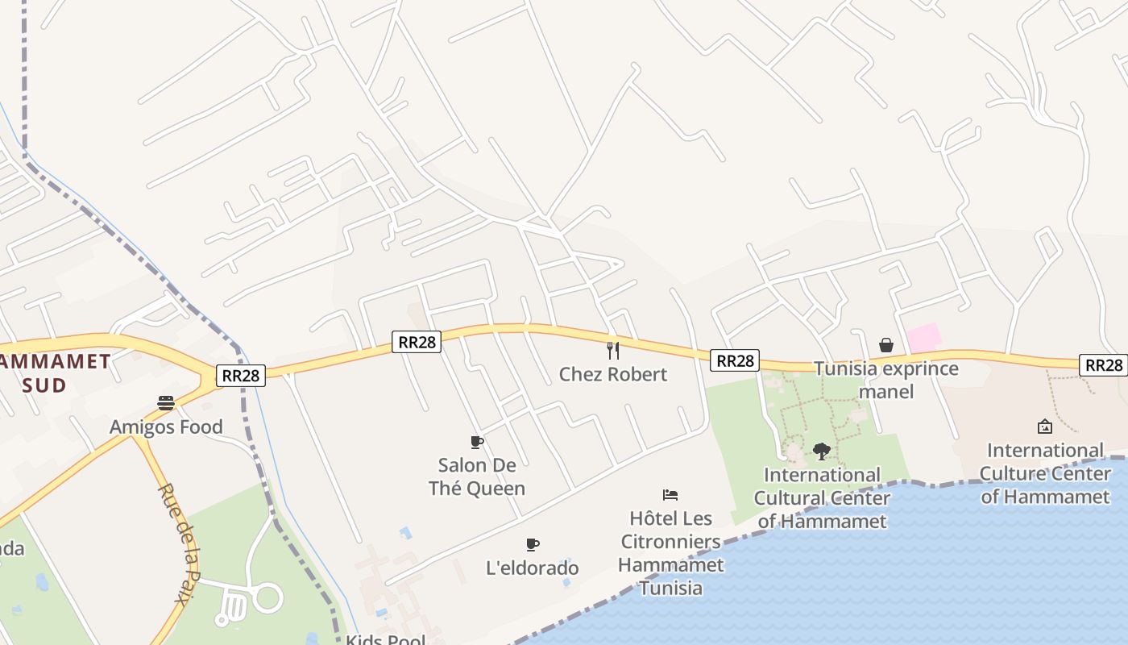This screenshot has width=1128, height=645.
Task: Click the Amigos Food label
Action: click(x=166, y=427)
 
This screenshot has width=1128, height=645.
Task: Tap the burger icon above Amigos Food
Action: click(x=166, y=402)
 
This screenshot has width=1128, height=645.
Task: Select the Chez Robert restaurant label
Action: click(x=613, y=374)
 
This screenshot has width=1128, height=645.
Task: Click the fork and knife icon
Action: click(x=613, y=350)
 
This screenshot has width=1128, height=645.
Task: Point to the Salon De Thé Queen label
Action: click(x=477, y=476)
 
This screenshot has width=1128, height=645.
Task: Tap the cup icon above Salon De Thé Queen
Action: click(x=477, y=441)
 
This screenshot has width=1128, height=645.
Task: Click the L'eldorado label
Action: click(x=533, y=568)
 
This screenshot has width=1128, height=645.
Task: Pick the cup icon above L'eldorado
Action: click(x=532, y=544)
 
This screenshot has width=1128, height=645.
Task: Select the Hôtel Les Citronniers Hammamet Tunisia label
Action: click(x=670, y=552)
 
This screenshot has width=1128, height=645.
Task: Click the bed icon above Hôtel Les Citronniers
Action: click(x=670, y=494)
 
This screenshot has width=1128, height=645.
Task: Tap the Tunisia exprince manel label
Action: click(x=886, y=380)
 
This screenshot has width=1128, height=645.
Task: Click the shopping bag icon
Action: click(x=886, y=345)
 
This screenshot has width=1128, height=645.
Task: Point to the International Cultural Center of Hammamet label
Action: click(x=822, y=497)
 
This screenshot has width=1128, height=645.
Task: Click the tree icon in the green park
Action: click(x=822, y=451)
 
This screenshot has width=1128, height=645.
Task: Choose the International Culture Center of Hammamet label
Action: click(x=1045, y=472)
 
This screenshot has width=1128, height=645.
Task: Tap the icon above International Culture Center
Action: click(x=1045, y=426)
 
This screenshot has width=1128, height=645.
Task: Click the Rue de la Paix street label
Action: click(x=178, y=542)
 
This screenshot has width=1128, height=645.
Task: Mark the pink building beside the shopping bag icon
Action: click(x=924, y=338)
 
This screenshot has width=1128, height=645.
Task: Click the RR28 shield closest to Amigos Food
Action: click(x=240, y=375)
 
